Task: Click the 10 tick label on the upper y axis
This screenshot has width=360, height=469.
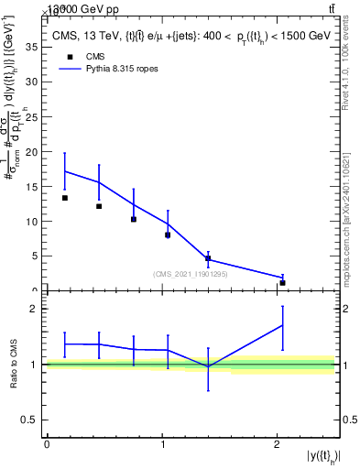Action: [x=34, y=222]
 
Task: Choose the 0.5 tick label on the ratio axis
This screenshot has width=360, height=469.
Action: [x=32, y=420]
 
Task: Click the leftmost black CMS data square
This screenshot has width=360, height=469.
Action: [x=65, y=198]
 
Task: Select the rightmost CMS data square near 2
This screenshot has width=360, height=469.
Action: [x=282, y=283]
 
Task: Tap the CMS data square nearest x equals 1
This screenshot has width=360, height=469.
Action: [x=168, y=235]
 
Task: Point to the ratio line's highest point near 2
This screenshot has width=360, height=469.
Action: [x=282, y=325]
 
